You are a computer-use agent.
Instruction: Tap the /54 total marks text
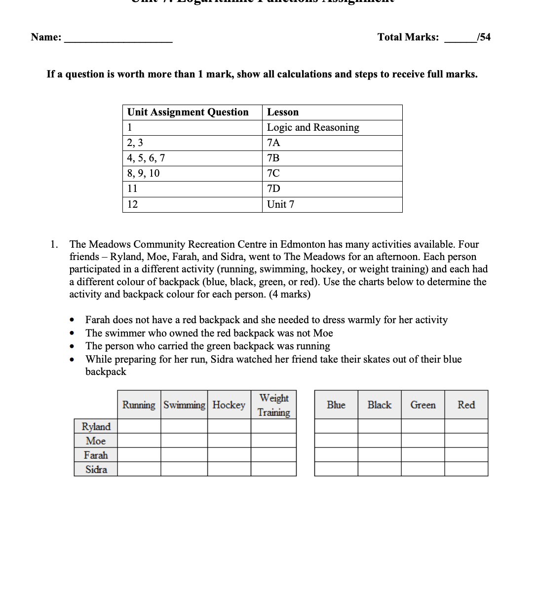coord(484,37)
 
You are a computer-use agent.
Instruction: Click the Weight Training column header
coord(273,405)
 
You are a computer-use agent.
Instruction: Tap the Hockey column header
coord(229,405)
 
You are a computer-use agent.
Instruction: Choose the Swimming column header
coord(184,405)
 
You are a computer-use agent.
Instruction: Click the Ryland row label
coord(96,426)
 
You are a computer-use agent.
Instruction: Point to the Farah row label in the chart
coord(96,455)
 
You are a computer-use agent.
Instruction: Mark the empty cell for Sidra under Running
coord(139,469)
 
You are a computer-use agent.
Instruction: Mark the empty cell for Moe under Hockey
coord(229,441)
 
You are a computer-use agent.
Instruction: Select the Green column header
coord(423,405)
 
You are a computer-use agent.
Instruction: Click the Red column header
coord(466,405)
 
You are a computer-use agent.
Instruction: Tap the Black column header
coord(379,405)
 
